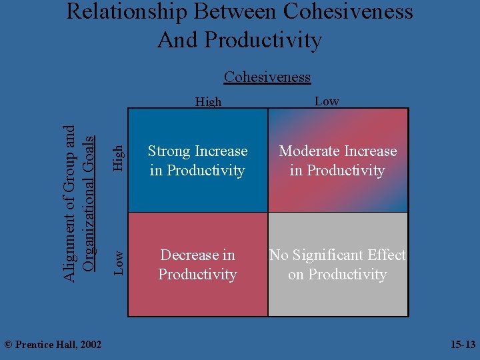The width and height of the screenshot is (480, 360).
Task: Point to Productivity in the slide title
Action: pyautogui.click(x=263, y=41)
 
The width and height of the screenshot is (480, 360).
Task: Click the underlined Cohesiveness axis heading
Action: pyautogui.click(x=267, y=77)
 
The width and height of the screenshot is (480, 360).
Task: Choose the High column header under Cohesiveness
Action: pyautogui.click(x=208, y=102)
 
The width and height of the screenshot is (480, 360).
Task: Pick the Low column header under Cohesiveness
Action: pyautogui.click(x=327, y=101)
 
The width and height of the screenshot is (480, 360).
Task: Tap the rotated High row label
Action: pyautogui.click(x=117, y=158)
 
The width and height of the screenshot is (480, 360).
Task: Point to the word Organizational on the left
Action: pyautogui.click(x=88, y=219)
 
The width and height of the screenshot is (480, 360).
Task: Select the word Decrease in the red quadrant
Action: pyautogui.click(x=189, y=255)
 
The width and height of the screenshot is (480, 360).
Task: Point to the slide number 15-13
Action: pyautogui.click(x=463, y=345)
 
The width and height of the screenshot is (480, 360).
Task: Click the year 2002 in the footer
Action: pyautogui.click(x=89, y=345)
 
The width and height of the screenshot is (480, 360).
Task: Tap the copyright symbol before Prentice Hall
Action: pyautogui.click(x=8, y=345)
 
